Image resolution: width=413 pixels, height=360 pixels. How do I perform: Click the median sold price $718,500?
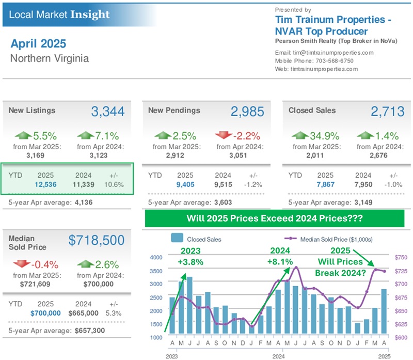97,240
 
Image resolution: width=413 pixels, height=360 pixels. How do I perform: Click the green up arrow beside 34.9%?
301,136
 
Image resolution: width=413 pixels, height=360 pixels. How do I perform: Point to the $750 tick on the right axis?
401,257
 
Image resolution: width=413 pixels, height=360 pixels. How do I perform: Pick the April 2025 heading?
38,43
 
